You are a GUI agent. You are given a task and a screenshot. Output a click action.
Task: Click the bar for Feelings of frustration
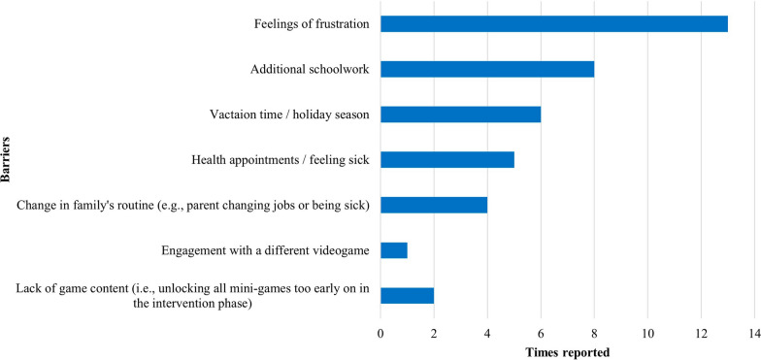point(554,23)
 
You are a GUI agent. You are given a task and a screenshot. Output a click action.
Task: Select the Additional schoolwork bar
point(487,70)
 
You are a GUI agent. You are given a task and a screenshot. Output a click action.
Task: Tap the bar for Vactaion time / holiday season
point(460,115)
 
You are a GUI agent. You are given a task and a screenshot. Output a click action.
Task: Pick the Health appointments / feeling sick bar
point(447,159)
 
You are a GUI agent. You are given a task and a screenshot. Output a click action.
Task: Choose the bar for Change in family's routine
point(434,205)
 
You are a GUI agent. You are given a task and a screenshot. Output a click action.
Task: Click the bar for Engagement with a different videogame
point(394,250)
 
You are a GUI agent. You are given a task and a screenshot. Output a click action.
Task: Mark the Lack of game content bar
point(408,295)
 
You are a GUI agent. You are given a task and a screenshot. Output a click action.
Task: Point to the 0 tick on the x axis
point(380,334)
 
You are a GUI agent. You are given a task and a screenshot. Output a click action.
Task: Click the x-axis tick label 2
point(434,334)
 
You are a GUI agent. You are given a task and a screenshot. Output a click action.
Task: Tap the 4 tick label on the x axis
point(487,334)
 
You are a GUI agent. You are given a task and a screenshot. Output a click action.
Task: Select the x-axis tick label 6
point(541,334)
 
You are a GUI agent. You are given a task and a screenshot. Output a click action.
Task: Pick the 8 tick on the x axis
point(594,334)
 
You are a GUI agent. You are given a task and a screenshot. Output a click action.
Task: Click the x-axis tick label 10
point(647,334)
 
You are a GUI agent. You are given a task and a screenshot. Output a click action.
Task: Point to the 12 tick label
point(701,334)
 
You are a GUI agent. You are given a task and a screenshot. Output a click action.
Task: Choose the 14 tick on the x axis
point(753,334)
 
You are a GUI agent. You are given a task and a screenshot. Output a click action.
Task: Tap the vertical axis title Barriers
point(6,159)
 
